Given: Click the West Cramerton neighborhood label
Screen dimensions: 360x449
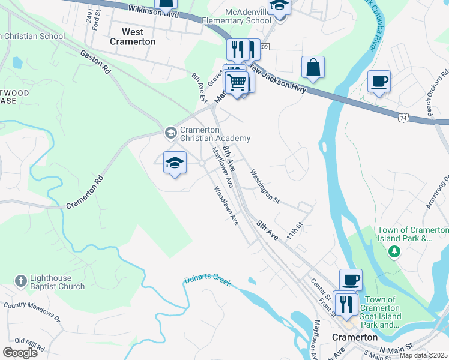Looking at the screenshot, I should click(x=133, y=37).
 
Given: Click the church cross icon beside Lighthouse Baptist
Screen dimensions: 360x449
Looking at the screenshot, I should click(x=20, y=280).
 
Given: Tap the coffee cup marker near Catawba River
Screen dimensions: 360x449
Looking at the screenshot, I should click(x=379, y=81).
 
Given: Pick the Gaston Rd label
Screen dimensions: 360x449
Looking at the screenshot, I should click(x=96, y=61).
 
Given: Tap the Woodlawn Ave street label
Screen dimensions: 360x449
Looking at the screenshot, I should click(x=227, y=205).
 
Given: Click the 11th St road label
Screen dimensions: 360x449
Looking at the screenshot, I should click(x=295, y=230).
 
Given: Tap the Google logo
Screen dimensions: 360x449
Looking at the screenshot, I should click(x=20, y=352).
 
